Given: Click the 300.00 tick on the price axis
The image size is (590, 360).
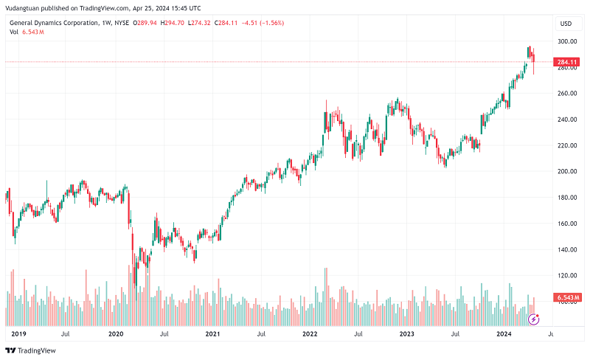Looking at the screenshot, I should tap(566, 41).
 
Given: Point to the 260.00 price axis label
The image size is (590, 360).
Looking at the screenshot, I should tap(566, 94).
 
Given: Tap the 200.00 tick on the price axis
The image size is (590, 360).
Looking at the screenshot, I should tap(566, 171).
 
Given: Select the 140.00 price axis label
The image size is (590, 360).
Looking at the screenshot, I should tap(566, 249).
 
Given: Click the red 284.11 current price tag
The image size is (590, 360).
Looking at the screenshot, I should tap(566, 62).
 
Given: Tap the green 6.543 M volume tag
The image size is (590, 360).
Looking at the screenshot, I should tap(568, 297).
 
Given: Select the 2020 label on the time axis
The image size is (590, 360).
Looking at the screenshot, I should tap(116, 334).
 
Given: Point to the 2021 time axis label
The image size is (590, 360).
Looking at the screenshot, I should tap(212, 334).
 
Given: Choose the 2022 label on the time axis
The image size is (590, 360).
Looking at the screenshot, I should tap(310, 334).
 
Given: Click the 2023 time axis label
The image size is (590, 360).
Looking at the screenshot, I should tap(406, 334).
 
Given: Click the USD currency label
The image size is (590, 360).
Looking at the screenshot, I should tap(566, 24).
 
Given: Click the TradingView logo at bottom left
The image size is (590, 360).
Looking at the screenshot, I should tap(31, 350).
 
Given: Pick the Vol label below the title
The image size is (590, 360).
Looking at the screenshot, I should tap(13, 32).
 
